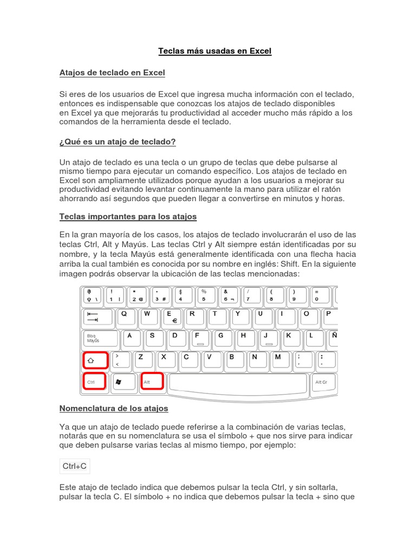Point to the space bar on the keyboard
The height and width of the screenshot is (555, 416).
[x=238, y=383]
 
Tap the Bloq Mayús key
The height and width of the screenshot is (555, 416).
[x=100, y=339]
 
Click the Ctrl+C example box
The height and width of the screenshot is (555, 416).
[x=75, y=466]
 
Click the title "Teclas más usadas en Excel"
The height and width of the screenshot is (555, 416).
[x=214, y=51]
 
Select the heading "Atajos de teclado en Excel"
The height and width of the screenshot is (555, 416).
[x=112, y=72]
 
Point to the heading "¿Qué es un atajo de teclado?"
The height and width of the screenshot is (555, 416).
[x=118, y=141]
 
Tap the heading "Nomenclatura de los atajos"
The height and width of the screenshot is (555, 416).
[x=114, y=408]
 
